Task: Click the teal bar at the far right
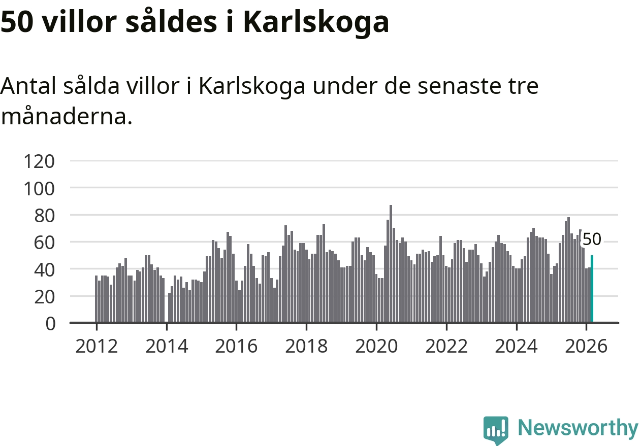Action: click(592, 289)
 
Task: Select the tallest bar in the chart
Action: click(391, 264)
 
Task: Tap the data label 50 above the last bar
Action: click(592, 239)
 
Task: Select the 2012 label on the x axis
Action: click(97, 347)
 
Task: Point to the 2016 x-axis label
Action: click(236, 347)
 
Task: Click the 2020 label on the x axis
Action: click(376, 347)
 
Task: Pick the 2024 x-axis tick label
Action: click(516, 347)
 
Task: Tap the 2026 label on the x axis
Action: click(586, 347)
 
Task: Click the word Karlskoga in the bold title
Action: click(315, 22)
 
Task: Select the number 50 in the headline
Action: click(17, 22)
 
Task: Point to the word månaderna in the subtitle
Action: click(66, 117)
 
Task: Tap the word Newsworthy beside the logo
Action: click(578, 428)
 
